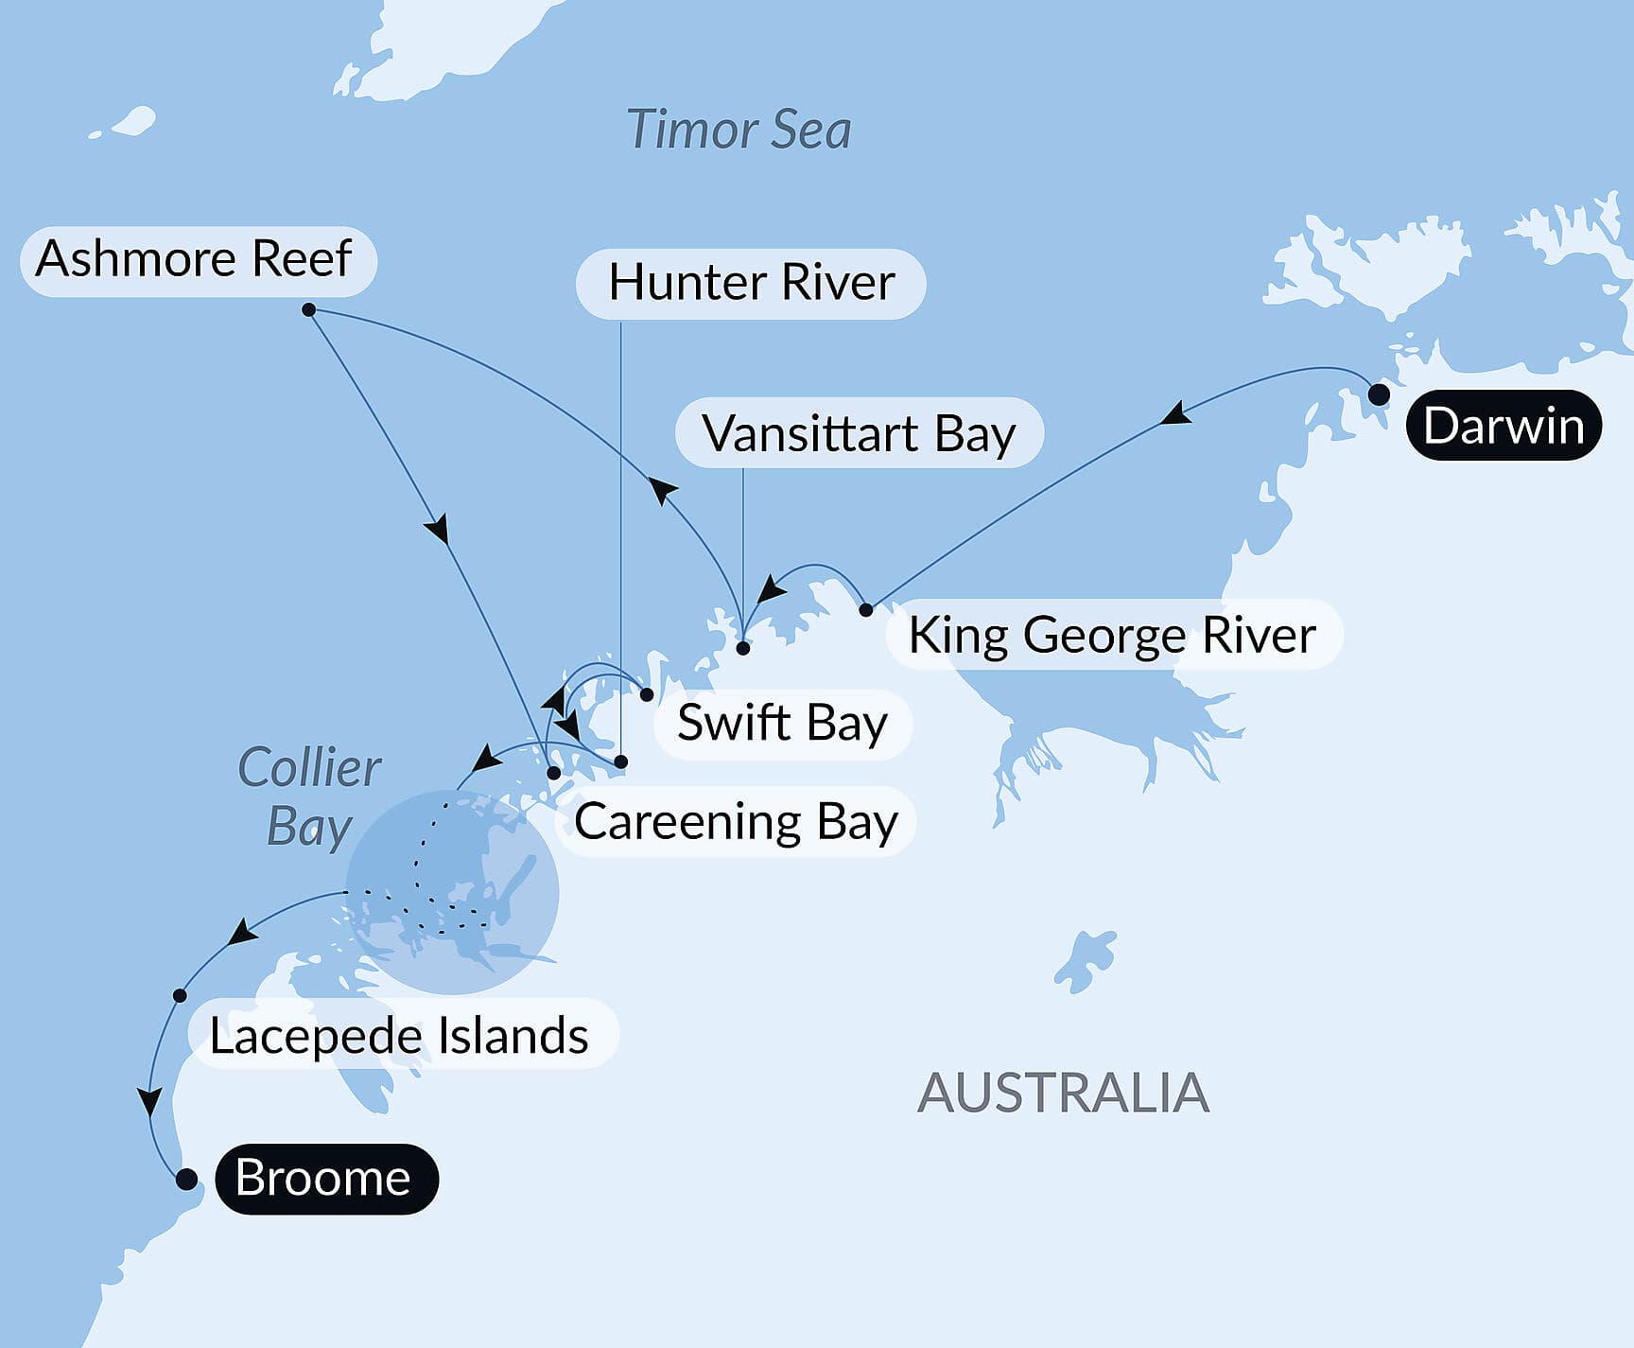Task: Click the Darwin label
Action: [x=1504, y=426]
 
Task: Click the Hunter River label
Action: [x=751, y=283]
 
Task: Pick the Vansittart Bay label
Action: [x=859, y=433]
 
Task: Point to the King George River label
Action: [x=1113, y=634]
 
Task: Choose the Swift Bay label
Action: [x=783, y=724]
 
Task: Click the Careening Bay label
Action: [x=736, y=821]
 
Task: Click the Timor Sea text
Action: [x=739, y=131]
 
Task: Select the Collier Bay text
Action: [x=309, y=797]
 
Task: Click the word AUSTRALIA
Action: [x=1063, y=1094]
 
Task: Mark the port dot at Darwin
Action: [x=1379, y=394]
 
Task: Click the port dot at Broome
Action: [x=186, y=1179]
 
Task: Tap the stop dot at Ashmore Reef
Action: [x=308, y=309]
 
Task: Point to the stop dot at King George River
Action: [x=865, y=610]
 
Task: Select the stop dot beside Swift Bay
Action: [x=647, y=694]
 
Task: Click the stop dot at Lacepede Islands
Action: [x=180, y=995]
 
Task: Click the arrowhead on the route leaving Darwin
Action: [x=1175, y=413]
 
